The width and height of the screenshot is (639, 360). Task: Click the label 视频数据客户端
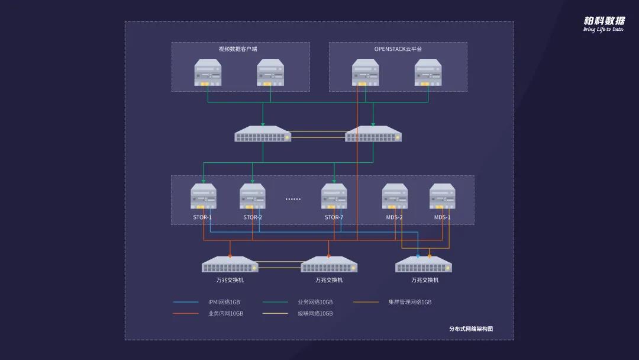(x=238, y=49)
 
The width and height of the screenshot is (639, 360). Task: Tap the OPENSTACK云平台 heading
(x=398, y=49)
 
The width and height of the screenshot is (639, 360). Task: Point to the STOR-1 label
(x=202, y=217)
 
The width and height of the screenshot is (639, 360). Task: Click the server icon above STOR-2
(x=253, y=196)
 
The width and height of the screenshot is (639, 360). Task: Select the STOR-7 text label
(x=334, y=217)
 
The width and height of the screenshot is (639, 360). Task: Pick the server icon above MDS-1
(x=442, y=196)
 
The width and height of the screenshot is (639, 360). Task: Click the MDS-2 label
(x=394, y=217)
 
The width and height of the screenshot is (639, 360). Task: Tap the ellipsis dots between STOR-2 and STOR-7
(x=293, y=199)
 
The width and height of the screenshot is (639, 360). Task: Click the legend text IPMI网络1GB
(x=224, y=302)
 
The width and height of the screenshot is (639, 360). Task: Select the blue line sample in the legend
(x=186, y=302)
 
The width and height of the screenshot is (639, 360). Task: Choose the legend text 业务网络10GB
(x=315, y=302)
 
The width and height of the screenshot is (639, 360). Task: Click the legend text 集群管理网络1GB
(x=410, y=302)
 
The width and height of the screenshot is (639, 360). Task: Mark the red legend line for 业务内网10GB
(x=186, y=313)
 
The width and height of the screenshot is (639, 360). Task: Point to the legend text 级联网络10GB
(x=315, y=313)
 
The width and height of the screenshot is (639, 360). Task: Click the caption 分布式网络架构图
(x=471, y=329)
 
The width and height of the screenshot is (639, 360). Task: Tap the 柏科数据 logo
(x=603, y=21)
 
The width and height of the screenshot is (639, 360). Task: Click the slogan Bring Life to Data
(x=603, y=30)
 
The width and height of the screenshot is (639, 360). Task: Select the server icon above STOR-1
(x=204, y=196)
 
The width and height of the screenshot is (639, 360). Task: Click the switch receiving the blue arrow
(x=423, y=265)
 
